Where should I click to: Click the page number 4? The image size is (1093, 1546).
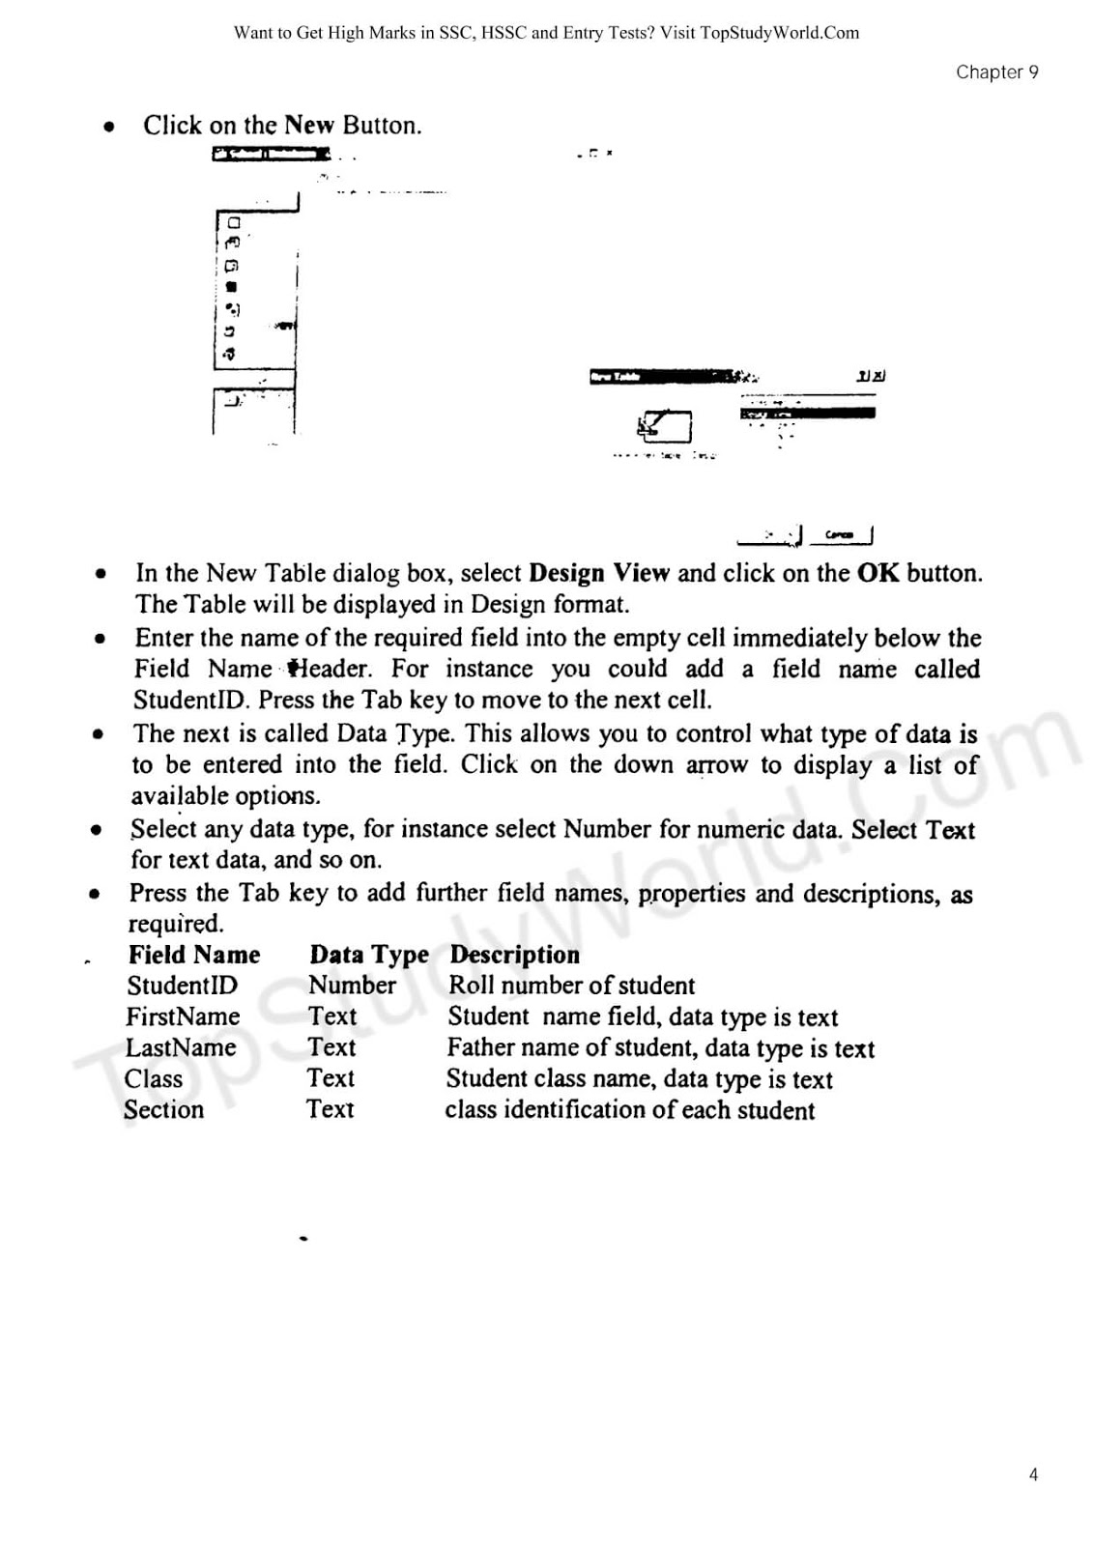(x=1033, y=1474)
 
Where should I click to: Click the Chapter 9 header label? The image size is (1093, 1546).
(x=996, y=72)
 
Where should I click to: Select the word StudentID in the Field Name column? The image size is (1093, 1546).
(x=182, y=986)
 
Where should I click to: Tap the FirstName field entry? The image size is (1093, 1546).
(x=183, y=1016)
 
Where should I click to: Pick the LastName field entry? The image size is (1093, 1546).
(x=181, y=1047)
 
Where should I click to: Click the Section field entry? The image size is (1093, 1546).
(x=163, y=1109)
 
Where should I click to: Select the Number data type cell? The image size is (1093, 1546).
(x=352, y=986)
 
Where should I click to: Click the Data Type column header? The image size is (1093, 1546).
(x=368, y=955)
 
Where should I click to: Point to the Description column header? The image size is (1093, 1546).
(x=514, y=955)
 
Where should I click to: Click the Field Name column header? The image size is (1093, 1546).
(x=194, y=955)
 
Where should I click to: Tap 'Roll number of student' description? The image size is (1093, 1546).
(x=571, y=986)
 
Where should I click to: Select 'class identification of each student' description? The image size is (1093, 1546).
(x=629, y=1110)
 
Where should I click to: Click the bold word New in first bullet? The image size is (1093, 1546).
(x=309, y=126)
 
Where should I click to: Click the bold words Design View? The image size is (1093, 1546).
(x=599, y=573)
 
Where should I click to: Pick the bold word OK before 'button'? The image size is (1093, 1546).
(x=877, y=573)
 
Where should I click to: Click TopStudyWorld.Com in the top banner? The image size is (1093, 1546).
(x=779, y=33)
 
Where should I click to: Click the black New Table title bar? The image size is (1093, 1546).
(x=667, y=377)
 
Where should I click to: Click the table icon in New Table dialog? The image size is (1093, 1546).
(x=665, y=426)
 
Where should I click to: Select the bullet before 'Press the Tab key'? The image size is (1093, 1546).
(x=95, y=894)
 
